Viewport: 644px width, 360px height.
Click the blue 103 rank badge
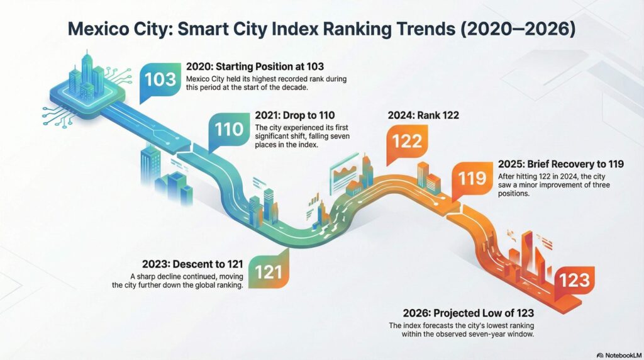[160, 81]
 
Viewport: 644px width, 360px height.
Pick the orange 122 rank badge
[406, 141]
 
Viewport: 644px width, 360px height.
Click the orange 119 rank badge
[472, 178]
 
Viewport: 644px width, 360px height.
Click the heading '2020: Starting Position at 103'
[256, 66]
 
